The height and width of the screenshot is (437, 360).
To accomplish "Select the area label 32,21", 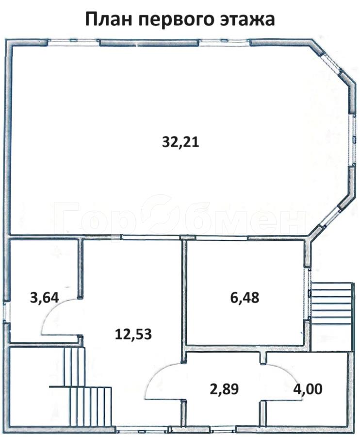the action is click(180, 142).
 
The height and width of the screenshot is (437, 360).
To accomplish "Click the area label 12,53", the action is click(133, 334).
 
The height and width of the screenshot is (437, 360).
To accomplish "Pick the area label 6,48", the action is click(245, 297).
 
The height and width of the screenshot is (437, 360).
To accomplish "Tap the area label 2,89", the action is click(224, 389).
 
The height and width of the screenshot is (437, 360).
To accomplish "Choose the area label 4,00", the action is click(308, 389).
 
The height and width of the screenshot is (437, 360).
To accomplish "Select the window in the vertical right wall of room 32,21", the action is click(354, 140).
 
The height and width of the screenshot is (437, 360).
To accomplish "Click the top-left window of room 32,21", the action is click(73, 42).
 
